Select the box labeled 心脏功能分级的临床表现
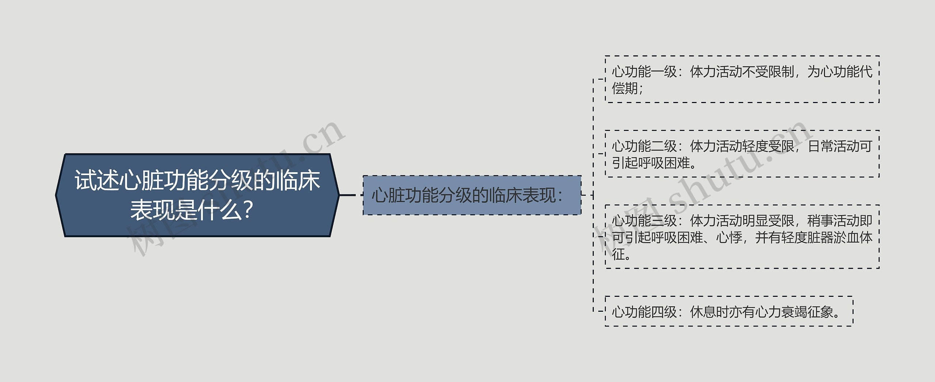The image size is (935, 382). tap(472, 195)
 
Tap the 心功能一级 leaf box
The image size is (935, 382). tap(741, 79)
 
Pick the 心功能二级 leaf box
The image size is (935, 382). tap(741, 154)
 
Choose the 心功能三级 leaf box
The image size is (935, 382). tap(741, 237)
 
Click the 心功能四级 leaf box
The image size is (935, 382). tap(729, 312)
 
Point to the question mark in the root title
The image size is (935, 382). tap(248, 211)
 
